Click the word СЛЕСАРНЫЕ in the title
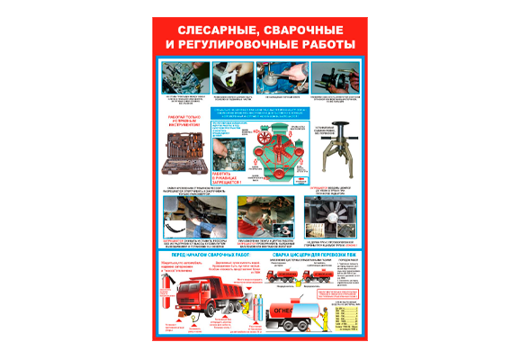tap(209, 29)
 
